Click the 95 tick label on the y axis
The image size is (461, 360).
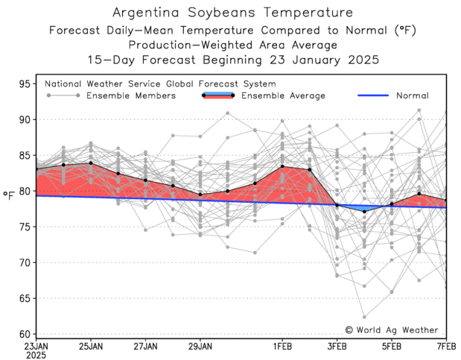click(24, 83)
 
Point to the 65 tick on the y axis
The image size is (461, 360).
click(24, 298)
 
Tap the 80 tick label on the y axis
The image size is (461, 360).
click(24, 191)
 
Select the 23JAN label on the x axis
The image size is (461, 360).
click(36, 347)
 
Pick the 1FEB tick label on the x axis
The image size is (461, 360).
click(282, 347)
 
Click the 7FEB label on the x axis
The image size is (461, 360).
click(445, 347)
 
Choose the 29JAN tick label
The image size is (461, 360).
click(200, 347)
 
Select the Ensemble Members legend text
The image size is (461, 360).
click(131, 95)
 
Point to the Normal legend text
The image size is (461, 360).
click(412, 95)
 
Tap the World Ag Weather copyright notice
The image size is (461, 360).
click(392, 329)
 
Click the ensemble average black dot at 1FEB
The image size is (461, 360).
click(282, 167)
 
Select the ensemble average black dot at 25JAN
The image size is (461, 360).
click(91, 163)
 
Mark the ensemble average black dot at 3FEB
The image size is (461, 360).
click(337, 205)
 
